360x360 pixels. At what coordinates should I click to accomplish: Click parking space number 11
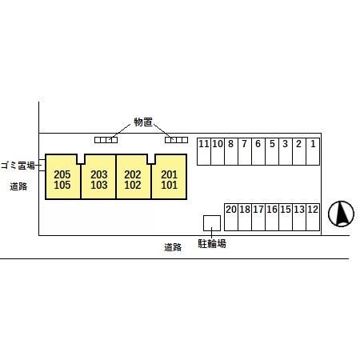click(204, 151)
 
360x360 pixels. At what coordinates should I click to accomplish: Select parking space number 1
click(313, 151)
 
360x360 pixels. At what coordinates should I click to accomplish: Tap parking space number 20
click(231, 217)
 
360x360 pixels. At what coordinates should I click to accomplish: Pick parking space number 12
click(313, 217)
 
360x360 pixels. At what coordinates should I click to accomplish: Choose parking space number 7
click(245, 151)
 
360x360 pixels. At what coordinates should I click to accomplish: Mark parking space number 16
click(272, 217)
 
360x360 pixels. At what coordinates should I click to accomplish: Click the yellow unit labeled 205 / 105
click(63, 177)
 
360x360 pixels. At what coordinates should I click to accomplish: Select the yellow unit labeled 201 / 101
click(169, 177)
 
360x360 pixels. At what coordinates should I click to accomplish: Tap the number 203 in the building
click(99, 174)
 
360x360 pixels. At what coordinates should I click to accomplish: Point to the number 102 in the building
click(133, 185)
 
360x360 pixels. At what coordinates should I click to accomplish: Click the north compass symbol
click(341, 214)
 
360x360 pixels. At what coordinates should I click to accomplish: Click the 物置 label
click(143, 122)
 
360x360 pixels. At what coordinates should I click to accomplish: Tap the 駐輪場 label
click(212, 243)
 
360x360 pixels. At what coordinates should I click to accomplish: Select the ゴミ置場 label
click(18, 166)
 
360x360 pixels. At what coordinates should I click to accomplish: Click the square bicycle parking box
click(212, 223)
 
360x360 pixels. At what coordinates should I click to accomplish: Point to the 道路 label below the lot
click(173, 247)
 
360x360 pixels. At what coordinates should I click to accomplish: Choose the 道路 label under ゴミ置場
click(18, 186)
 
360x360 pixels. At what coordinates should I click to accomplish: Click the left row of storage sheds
click(106, 140)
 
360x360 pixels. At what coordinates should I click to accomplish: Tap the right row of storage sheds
click(176, 140)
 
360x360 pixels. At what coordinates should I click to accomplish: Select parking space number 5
click(272, 151)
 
